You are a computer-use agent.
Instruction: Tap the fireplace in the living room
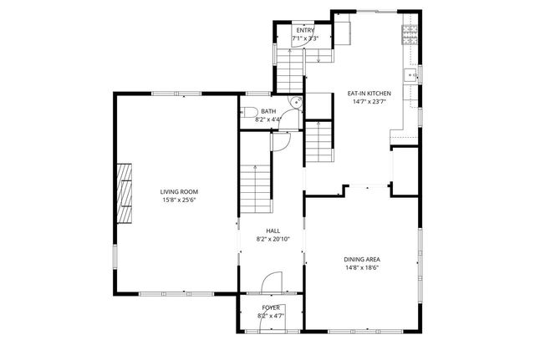click(125, 191)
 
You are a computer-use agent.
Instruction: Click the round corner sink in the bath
click(293, 103)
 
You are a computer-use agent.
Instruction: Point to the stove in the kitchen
click(409, 34)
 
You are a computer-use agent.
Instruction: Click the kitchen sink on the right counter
click(411, 76)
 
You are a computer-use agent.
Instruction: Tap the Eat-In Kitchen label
click(369, 94)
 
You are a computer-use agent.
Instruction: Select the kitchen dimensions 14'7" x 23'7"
click(369, 102)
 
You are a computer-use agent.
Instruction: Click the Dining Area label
click(362, 259)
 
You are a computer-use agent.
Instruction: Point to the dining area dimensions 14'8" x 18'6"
click(362, 268)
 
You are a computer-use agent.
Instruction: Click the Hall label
click(273, 231)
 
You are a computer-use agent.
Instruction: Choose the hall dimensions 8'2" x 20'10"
click(273, 240)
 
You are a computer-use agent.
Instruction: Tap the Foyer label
click(271, 307)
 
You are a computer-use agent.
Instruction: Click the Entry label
click(304, 30)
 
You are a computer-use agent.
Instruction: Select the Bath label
click(267, 111)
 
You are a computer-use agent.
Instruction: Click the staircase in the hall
click(256, 188)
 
